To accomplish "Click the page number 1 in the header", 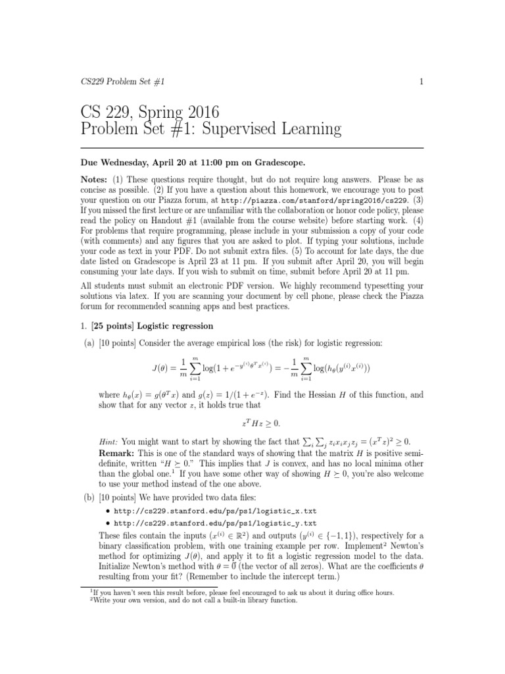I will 420,81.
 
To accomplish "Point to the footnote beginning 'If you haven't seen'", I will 244,592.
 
